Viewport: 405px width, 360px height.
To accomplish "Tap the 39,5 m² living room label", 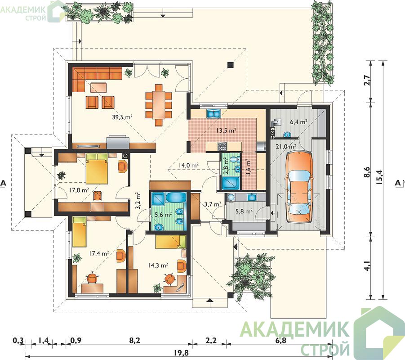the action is [122, 117].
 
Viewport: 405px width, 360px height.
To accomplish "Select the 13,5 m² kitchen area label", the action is [227, 130].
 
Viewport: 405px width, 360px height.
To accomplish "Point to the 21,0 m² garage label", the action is [286, 146].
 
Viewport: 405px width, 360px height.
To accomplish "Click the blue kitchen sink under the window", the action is [214, 113].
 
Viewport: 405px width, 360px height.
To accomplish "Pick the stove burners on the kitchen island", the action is [223, 147].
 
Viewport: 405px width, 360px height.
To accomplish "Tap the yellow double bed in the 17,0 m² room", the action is [97, 168].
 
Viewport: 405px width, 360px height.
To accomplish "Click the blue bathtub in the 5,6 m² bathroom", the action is [176, 198].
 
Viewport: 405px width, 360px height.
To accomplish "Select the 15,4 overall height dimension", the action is [379, 179].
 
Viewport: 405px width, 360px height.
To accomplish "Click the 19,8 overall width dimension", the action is [182, 352].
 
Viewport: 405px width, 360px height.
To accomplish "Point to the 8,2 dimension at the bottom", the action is [134, 340].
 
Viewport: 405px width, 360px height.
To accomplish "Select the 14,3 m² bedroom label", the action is [158, 265].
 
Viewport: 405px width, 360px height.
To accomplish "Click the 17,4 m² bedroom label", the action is [99, 253].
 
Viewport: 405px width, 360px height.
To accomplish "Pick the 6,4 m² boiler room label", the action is [298, 121].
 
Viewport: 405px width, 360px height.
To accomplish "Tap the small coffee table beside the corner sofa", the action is [98, 87].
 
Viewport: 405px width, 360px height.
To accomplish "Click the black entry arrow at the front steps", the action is [209, 300].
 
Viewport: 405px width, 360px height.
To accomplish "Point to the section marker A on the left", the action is [3, 183].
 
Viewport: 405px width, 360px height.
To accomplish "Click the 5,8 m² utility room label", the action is [244, 211].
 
